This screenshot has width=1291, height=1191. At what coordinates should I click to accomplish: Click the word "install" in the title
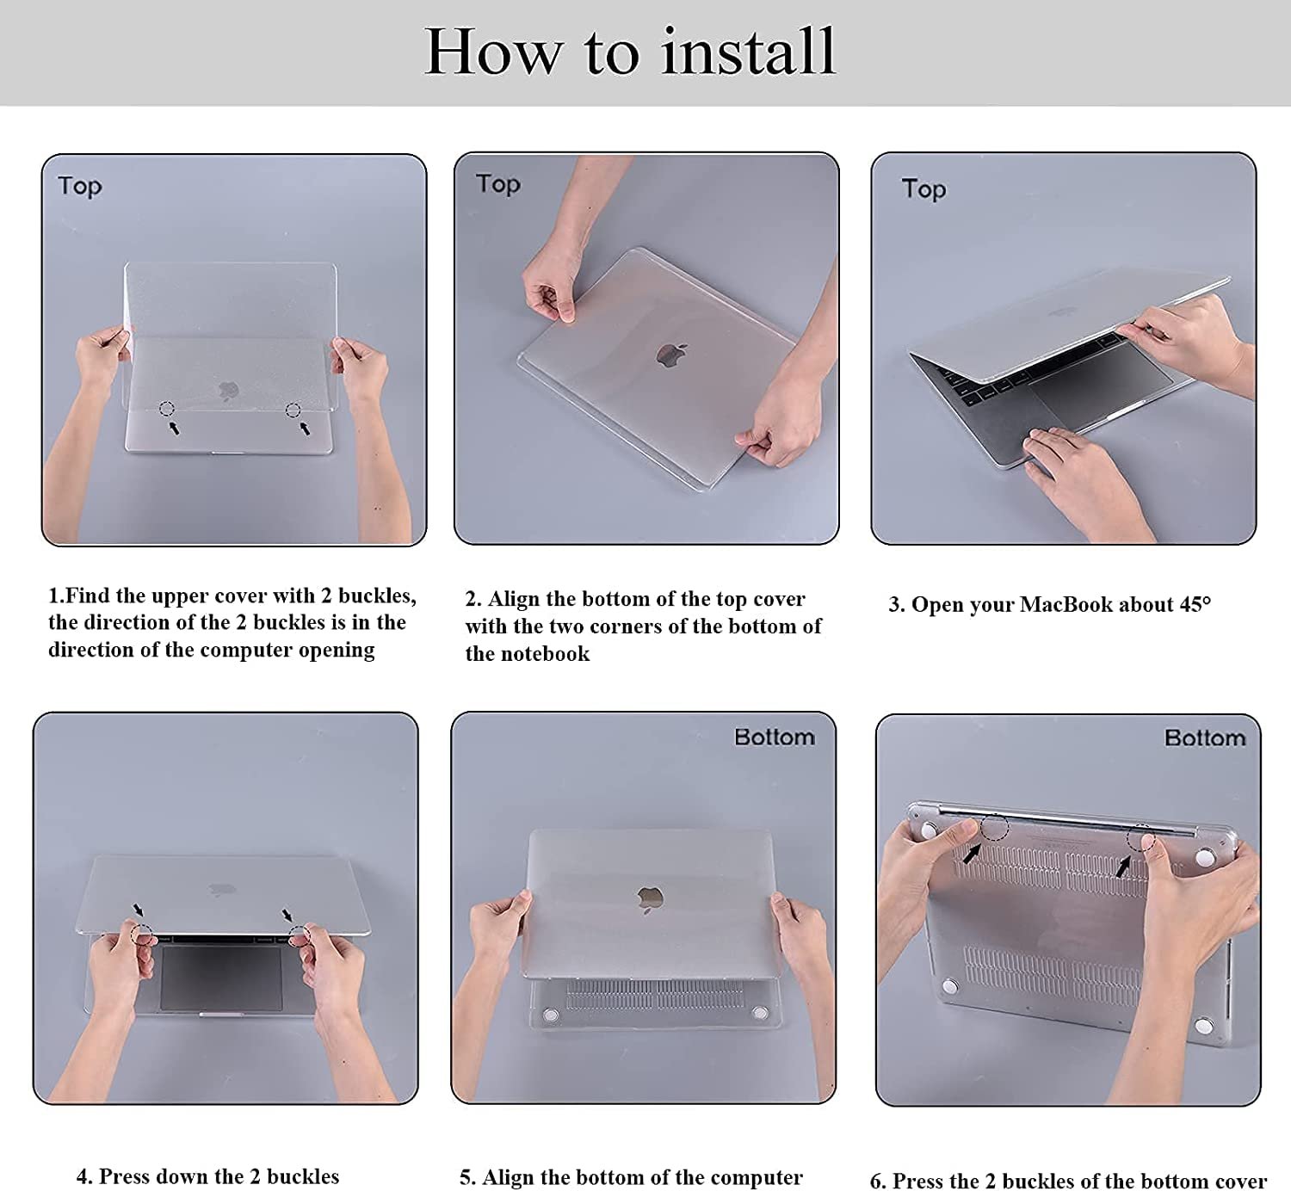point(748,52)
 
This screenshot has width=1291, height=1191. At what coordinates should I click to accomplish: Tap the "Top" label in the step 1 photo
point(80,187)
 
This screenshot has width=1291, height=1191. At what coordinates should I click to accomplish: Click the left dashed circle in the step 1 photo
point(167,408)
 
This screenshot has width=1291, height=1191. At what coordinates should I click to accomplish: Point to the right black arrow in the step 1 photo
point(304,428)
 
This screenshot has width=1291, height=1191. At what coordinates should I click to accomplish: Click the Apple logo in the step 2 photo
point(670,355)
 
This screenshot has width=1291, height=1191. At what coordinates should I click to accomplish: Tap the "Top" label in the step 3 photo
point(923,189)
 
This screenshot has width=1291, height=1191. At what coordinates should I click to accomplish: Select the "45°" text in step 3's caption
point(1195,605)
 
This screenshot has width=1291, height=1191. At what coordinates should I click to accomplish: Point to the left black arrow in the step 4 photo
point(139,909)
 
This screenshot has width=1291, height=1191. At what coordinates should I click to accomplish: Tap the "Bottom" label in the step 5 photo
point(775,737)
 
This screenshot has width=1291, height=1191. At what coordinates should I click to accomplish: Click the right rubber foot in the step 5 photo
point(759,1013)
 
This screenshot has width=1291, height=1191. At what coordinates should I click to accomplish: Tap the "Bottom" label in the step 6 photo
point(1205,738)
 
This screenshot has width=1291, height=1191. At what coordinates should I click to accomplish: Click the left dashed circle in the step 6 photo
point(995,828)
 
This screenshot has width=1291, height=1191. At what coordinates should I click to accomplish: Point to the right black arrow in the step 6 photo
point(1122,867)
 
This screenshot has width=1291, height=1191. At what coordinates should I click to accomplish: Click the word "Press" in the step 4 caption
point(125,1176)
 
